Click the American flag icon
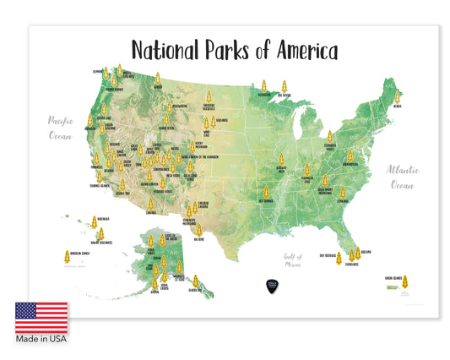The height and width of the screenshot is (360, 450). (41, 317)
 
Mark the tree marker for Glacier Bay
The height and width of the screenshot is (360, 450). (196, 281)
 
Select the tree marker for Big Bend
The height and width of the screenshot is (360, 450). (214, 227)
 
